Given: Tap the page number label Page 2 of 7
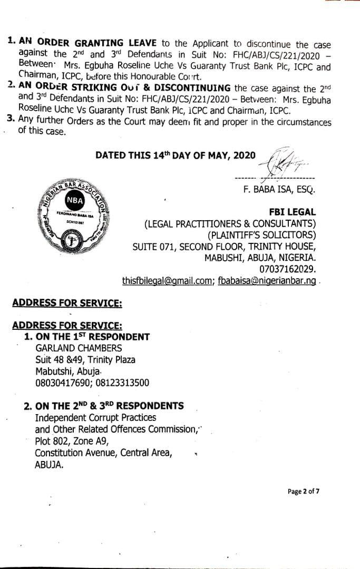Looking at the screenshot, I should click(x=304, y=492).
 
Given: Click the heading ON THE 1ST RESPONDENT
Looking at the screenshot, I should click(x=92, y=337).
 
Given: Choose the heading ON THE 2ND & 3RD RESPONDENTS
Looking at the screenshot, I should click(x=109, y=406).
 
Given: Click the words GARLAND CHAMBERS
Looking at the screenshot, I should click(x=79, y=348).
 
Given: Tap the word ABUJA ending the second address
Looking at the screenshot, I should click(x=49, y=465).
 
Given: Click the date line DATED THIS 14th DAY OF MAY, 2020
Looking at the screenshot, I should click(x=176, y=155).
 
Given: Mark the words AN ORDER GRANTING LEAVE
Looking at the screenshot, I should click(x=71, y=43).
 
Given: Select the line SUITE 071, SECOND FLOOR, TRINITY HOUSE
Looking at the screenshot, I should click(x=224, y=247).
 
